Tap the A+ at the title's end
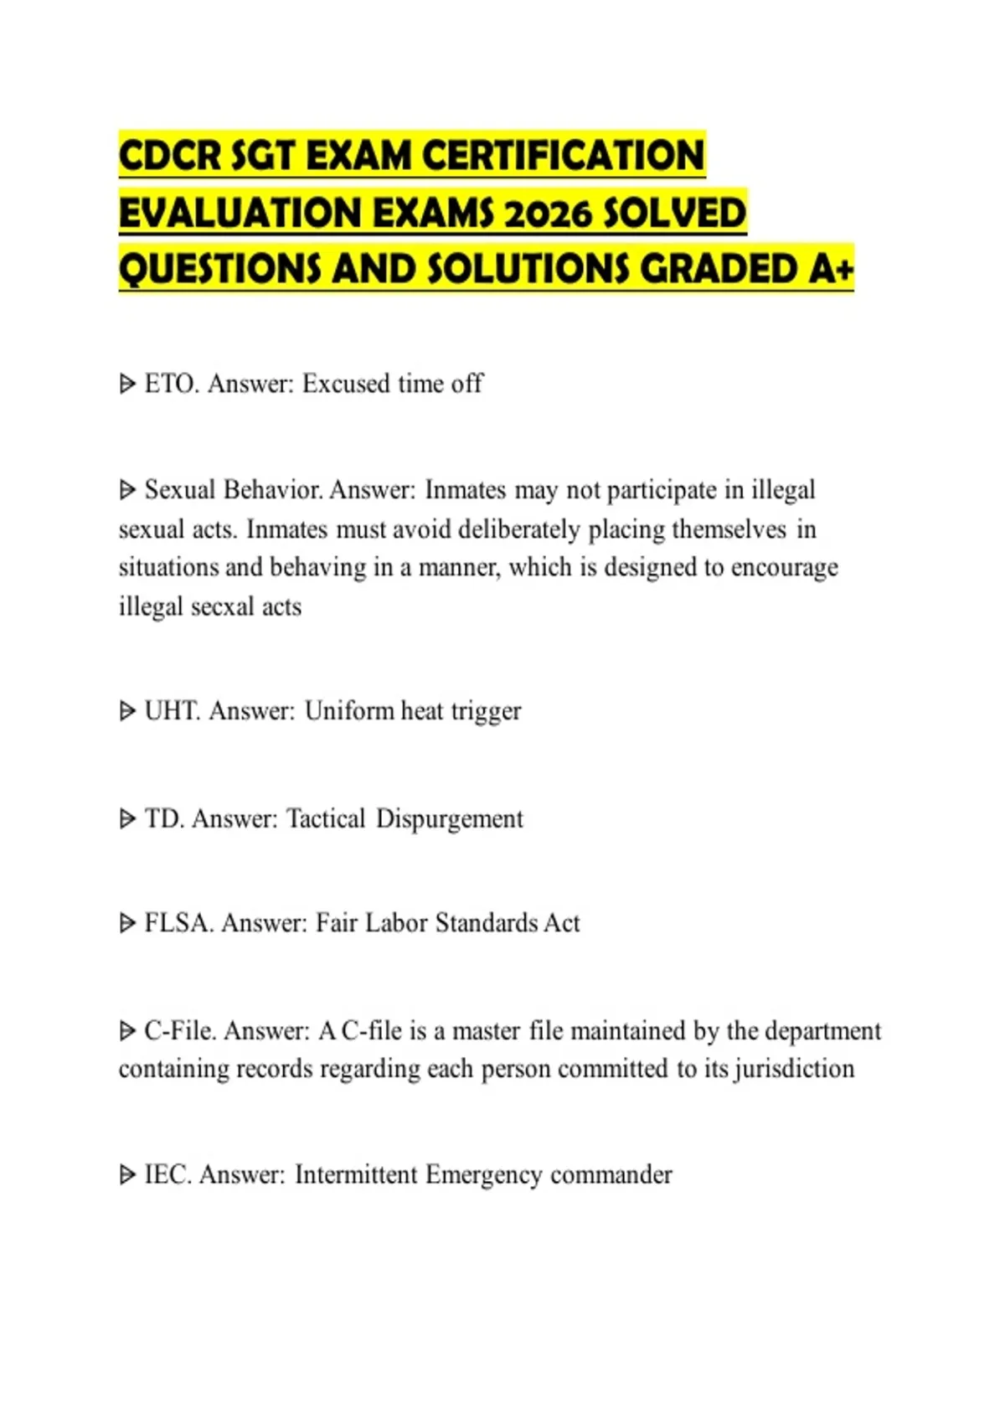tap(831, 269)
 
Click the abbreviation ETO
tap(171, 384)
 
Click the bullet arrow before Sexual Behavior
tap(127, 489)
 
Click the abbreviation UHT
tap(173, 711)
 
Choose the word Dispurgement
tap(449, 818)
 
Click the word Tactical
tap(326, 818)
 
